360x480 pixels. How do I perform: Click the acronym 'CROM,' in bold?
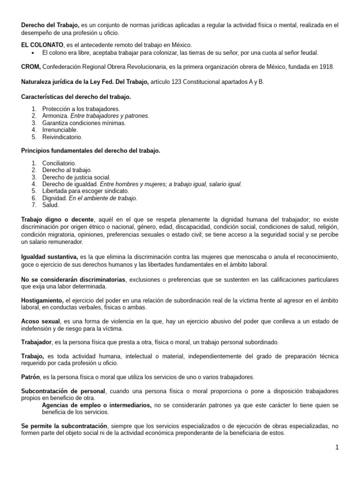(x=31, y=67)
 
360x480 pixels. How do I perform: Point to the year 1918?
(x=326, y=67)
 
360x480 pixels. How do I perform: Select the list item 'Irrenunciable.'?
(x=60, y=130)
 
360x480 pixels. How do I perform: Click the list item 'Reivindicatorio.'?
(x=62, y=137)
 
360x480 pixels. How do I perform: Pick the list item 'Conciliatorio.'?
(x=59, y=163)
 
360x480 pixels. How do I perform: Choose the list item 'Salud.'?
(x=51, y=205)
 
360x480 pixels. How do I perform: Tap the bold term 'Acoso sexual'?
(x=41, y=322)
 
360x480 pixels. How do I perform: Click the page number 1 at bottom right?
(x=337, y=447)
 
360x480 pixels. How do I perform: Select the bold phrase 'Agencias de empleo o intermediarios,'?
(x=97, y=405)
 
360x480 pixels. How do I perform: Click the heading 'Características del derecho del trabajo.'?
(x=76, y=97)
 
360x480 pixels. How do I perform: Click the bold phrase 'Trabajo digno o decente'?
(x=58, y=219)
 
